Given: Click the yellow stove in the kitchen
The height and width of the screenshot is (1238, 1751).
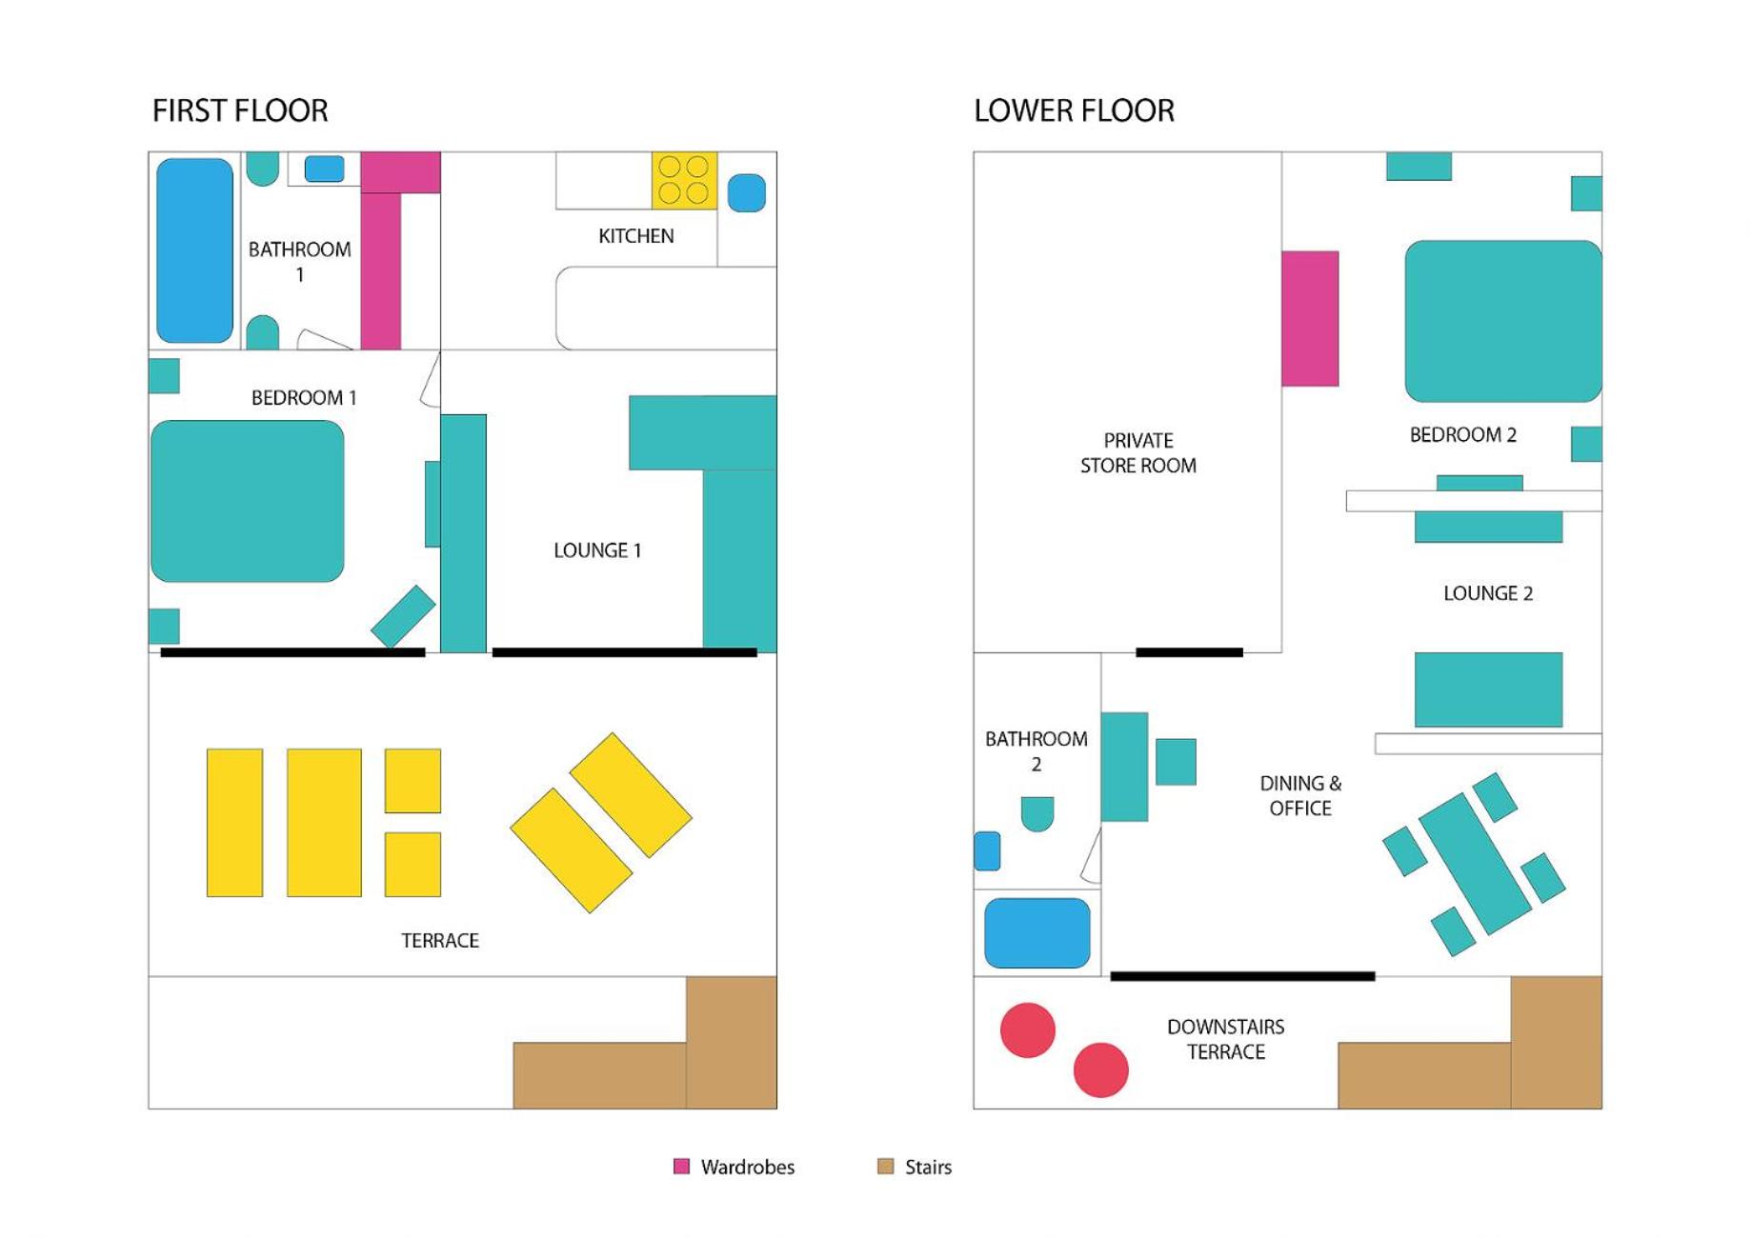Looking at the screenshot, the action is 684,180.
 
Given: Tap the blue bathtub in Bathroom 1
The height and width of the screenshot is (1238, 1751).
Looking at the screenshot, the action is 194,250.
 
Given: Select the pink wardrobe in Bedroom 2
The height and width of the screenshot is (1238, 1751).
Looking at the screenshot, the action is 1310,318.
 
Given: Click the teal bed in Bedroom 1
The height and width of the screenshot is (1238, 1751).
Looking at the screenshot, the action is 248,501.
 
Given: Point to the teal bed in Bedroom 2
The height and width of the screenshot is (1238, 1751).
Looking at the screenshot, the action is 1503,321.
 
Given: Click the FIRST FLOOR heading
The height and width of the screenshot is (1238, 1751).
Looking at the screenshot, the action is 240,110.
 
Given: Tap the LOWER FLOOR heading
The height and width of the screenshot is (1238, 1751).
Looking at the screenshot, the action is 1074,110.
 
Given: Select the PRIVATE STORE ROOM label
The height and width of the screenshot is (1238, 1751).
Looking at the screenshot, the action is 1137,452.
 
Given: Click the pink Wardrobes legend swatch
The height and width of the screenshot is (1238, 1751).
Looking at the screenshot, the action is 681,1167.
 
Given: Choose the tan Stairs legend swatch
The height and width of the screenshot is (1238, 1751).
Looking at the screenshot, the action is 885,1167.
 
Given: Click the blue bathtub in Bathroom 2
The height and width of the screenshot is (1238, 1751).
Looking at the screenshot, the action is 1037,933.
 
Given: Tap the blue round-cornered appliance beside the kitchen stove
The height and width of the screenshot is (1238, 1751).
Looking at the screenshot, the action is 747,193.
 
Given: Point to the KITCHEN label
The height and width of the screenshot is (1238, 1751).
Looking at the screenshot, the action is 635,236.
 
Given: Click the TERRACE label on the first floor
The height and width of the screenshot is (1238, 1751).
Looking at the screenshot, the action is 440,941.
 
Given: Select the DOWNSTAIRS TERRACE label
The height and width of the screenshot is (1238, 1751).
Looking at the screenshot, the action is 1225,1039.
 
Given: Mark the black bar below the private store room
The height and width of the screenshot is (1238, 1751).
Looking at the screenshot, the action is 1189,652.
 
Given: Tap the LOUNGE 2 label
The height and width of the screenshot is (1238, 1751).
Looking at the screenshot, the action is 1488,593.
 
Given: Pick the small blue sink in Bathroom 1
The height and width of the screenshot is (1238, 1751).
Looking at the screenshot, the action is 324,169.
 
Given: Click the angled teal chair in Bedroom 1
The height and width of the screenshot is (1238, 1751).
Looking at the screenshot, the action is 403,616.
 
